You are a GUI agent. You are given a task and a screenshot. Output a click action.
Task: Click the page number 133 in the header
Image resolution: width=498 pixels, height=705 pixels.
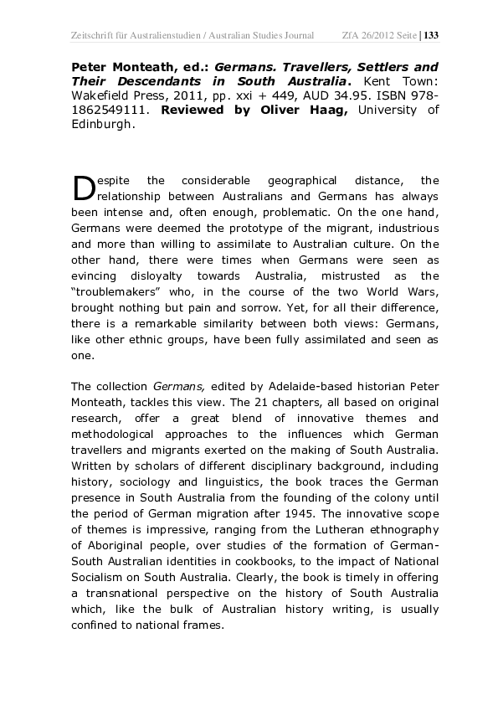[432, 35]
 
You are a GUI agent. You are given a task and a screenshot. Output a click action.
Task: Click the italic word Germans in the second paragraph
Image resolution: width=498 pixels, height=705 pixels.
[173, 386]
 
